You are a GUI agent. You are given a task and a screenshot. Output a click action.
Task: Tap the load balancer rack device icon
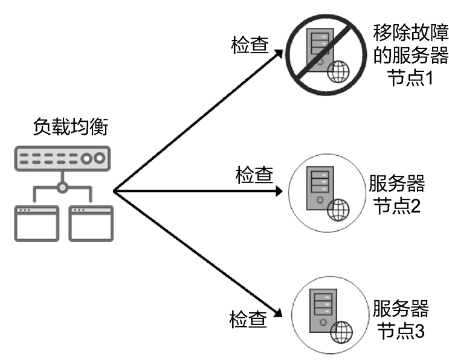tap(62, 158)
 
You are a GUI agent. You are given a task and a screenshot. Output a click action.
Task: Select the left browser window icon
tap(36, 223)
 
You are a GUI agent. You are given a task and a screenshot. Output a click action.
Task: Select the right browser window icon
tap(91, 223)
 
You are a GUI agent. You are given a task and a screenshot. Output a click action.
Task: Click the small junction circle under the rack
tap(62, 187)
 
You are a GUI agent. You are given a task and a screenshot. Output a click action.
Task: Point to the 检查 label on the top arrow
tap(250, 46)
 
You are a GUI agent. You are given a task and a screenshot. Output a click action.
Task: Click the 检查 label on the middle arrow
tap(254, 176)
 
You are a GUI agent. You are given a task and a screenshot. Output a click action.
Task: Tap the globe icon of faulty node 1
tap(338, 71)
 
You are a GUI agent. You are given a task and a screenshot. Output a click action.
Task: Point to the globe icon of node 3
tap(341, 332)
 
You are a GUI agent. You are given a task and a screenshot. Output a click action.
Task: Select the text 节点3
tap(400, 332)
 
